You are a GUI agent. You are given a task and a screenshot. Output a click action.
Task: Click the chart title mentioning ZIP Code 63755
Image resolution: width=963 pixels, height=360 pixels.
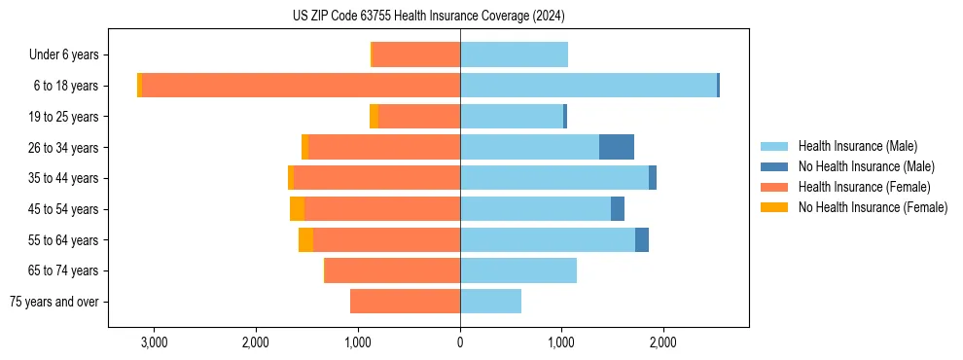pos(428,17)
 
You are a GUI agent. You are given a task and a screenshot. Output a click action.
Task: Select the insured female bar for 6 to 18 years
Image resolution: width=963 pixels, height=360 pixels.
pos(301,86)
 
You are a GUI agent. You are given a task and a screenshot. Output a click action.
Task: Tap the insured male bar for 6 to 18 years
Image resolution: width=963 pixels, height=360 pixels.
pos(588,86)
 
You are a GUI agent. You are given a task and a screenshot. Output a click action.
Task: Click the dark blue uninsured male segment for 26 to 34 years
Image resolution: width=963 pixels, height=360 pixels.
pos(617,147)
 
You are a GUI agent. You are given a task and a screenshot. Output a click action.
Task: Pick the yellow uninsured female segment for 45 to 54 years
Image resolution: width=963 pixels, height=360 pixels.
pos(297,209)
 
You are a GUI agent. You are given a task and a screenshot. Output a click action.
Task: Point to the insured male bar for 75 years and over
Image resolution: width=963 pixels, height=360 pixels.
pos(490,302)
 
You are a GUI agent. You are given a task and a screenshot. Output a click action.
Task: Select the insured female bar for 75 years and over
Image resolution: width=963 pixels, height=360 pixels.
pos(405,302)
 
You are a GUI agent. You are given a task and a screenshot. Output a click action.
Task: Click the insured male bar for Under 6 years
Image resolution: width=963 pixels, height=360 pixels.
pos(514,54)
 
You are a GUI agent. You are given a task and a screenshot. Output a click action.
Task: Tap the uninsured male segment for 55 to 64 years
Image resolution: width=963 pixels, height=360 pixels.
pos(642,240)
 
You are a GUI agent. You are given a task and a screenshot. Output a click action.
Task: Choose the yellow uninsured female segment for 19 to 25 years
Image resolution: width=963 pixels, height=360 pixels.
pos(374,117)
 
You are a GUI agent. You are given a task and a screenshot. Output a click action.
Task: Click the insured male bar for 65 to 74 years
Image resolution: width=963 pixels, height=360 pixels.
pos(518,270)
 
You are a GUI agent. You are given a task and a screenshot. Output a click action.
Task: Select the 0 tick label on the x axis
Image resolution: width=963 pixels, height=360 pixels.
pos(460,342)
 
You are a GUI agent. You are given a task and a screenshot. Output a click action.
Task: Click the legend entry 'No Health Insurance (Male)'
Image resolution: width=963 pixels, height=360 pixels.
pos(866,166)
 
